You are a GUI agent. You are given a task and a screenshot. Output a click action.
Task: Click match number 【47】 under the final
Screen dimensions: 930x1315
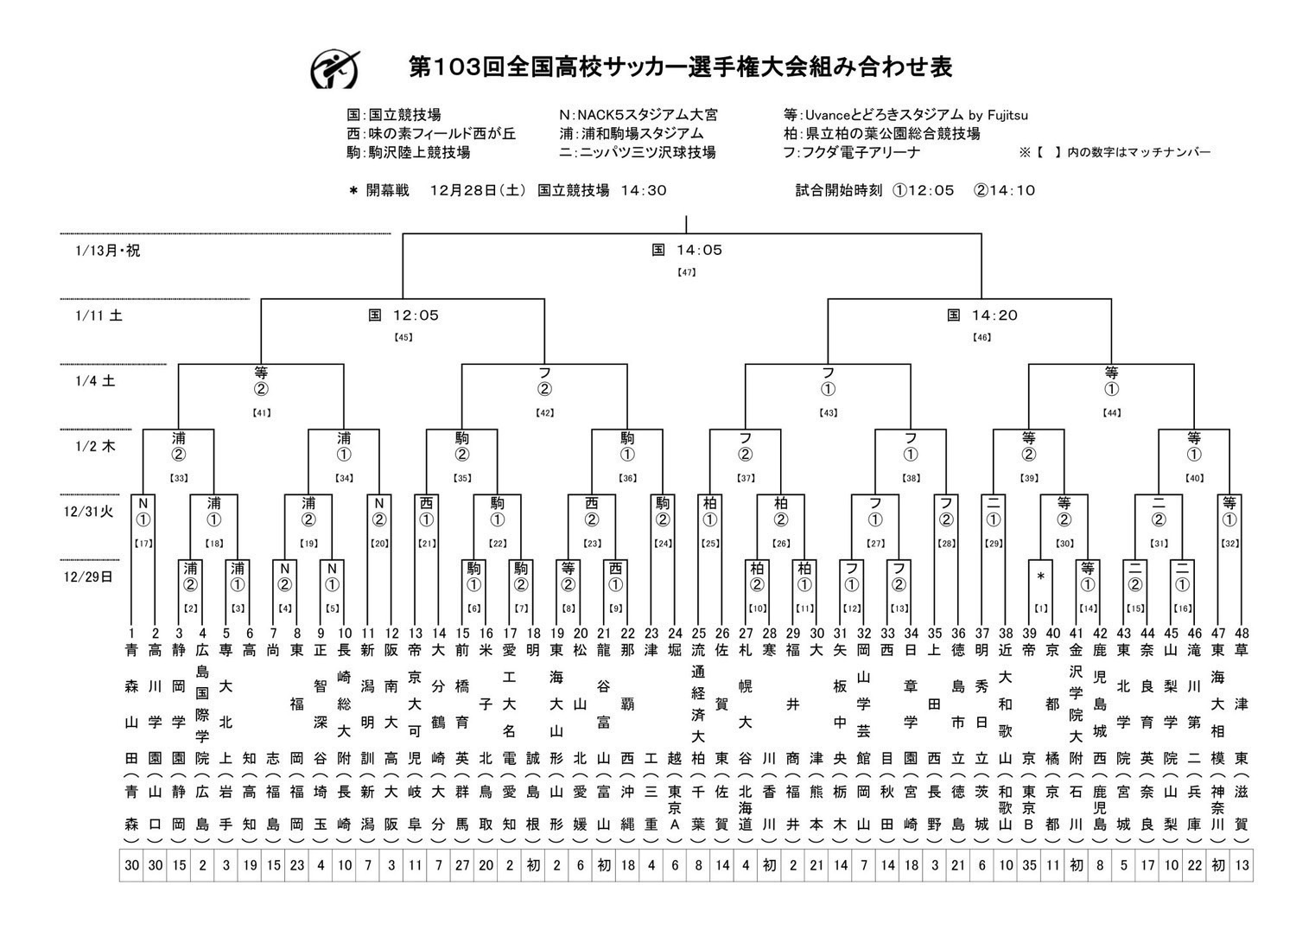point(686,272)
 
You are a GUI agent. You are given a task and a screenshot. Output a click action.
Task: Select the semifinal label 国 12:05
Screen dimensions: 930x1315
point(403,315)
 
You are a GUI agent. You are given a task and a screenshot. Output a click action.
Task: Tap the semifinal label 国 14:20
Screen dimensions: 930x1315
point(981,315)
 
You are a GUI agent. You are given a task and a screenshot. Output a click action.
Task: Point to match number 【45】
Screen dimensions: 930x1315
point(403,337)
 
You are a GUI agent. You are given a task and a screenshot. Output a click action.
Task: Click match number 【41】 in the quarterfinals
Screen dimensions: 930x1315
point(261,413)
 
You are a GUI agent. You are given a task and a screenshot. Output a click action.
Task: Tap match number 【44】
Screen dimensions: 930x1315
point(1111,413)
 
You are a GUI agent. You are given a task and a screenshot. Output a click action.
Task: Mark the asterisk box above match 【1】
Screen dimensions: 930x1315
point(1041,576)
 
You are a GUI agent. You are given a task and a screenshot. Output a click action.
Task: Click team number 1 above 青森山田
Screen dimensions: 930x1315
point(131,634)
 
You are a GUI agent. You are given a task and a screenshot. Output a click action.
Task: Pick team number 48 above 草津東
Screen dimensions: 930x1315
point(1242,634)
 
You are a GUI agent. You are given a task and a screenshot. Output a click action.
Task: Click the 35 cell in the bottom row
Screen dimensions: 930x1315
point(1028,865)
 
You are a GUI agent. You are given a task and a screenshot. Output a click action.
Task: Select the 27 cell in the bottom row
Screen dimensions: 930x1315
point(462,865)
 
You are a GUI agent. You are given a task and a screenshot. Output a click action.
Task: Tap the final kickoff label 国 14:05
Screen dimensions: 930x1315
point(686,250)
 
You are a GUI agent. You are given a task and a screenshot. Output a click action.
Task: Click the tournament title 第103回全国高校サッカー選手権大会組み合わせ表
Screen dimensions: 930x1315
point(680,67)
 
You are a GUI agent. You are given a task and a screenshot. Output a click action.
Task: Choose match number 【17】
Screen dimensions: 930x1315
point(143,544)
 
